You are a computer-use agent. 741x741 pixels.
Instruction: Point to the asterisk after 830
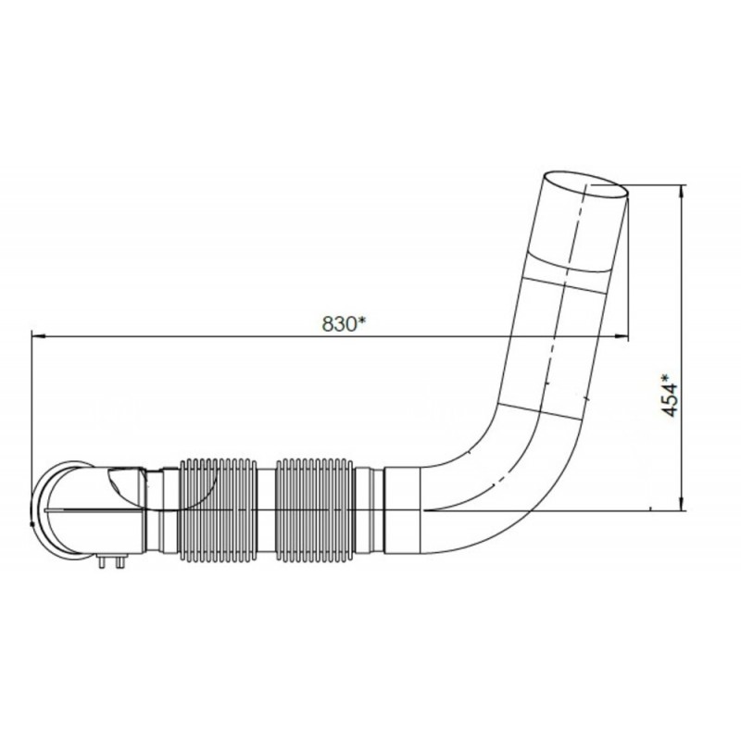click(364, 320)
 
